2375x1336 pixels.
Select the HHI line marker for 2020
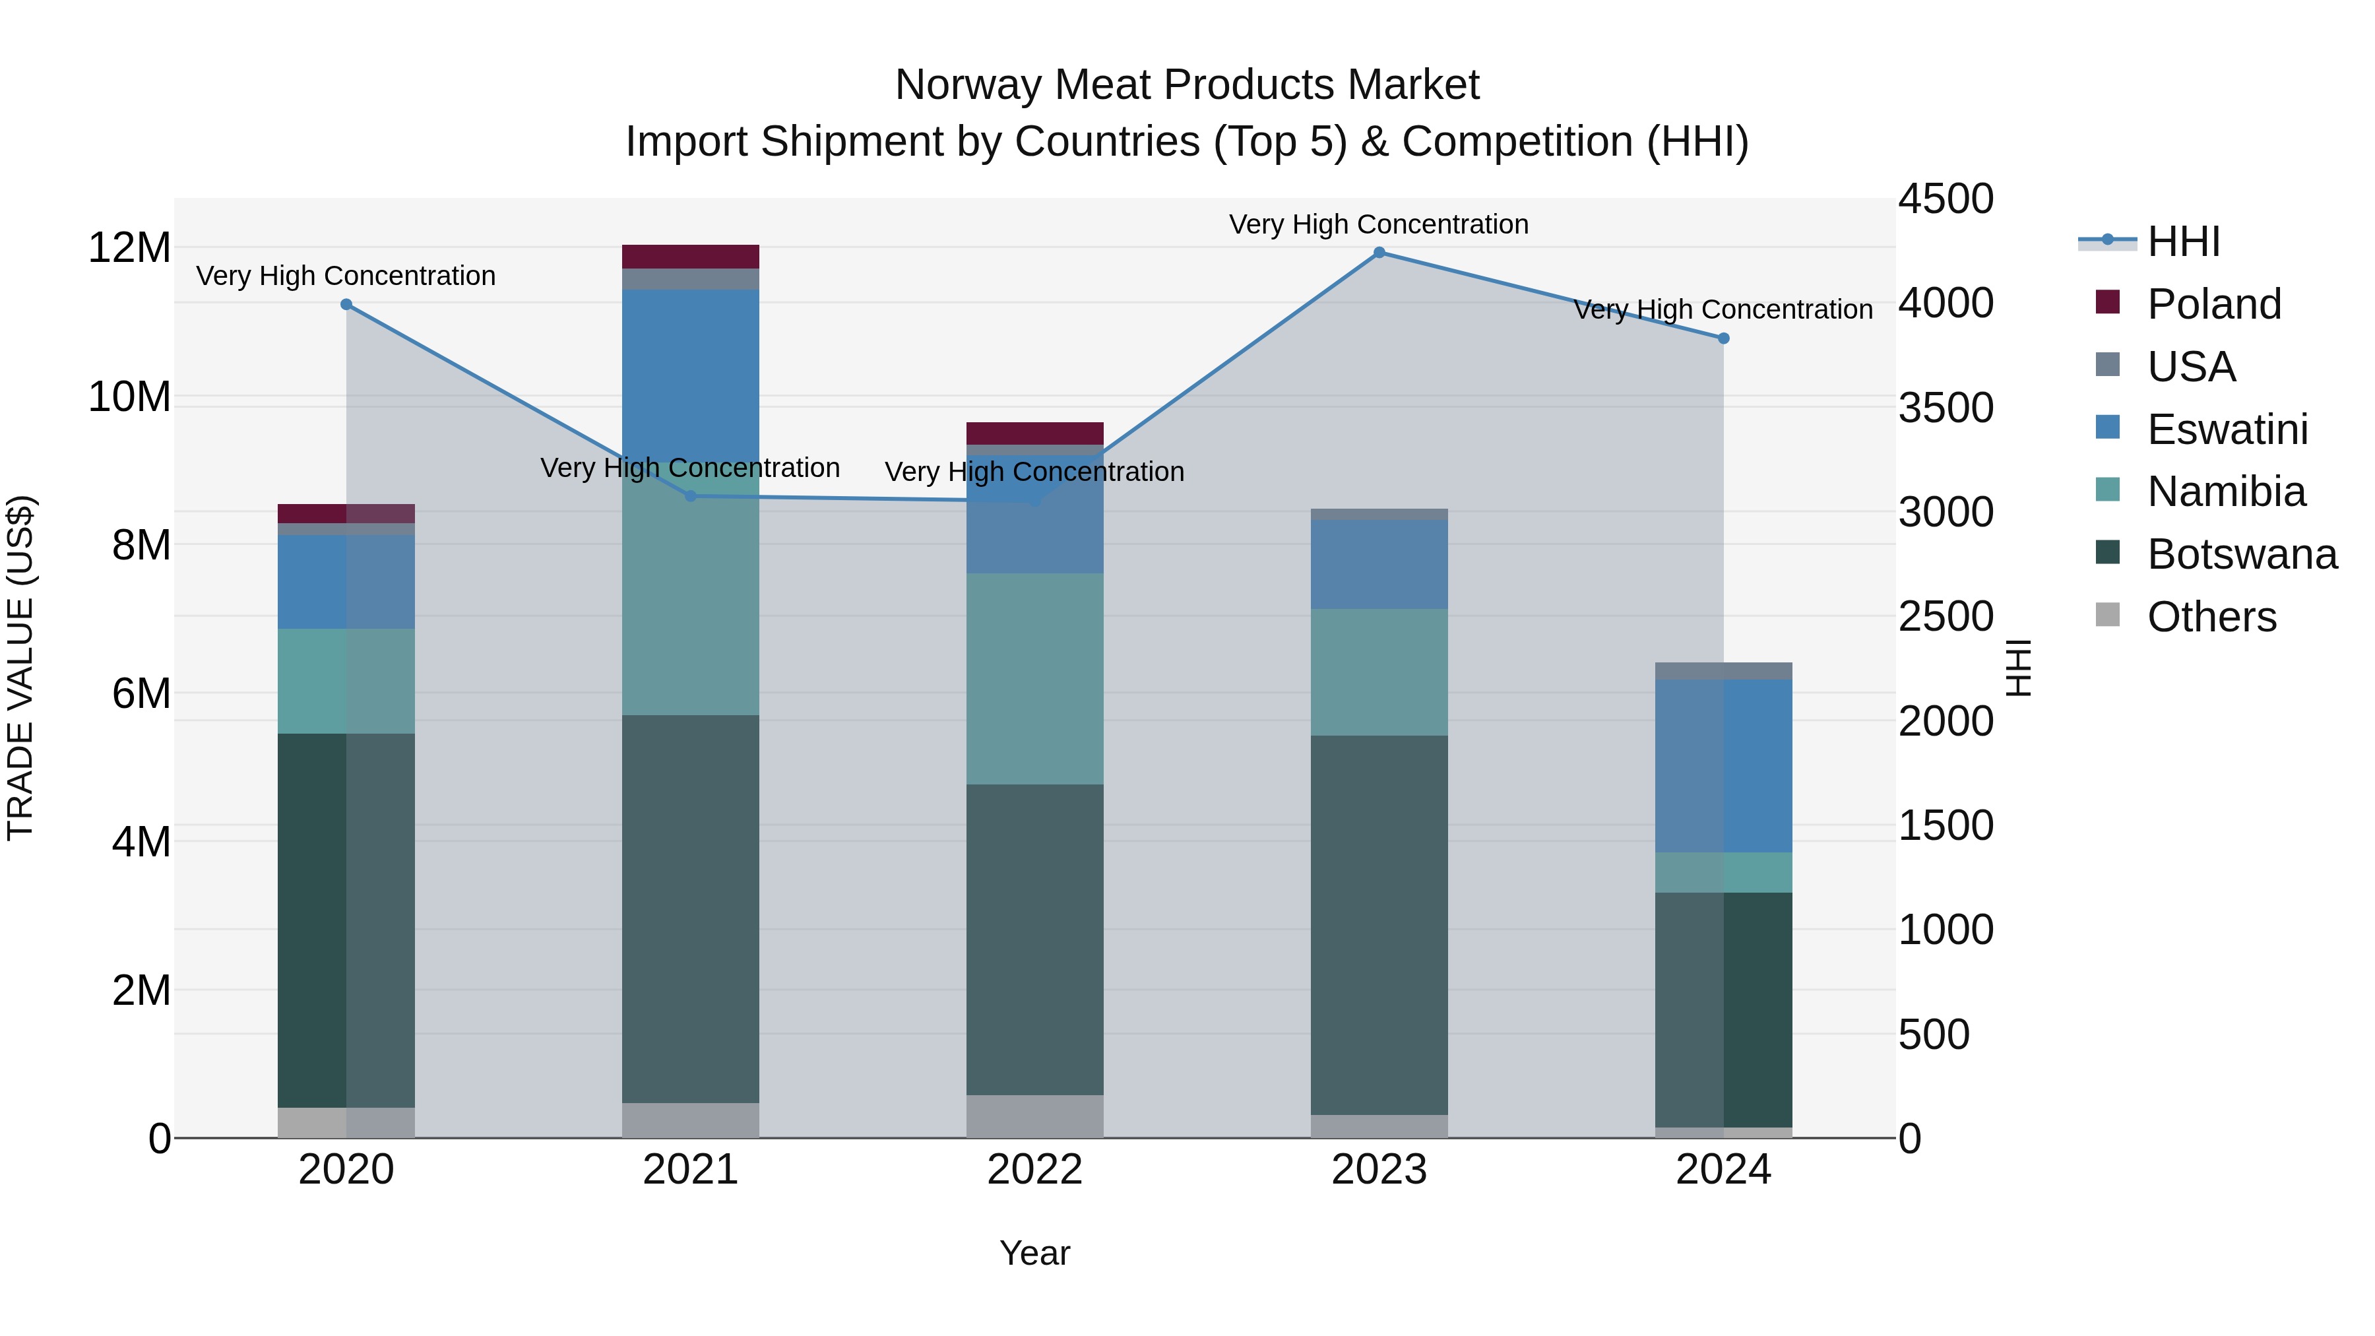[346, 304]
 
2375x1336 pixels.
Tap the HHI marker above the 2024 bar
[1723, 338]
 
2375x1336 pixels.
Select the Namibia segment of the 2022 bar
[1034, 679]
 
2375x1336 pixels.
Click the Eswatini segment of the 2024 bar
[1723, 765]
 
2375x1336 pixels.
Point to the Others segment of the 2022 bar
[1034, 1116]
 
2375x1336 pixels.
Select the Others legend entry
[2210, 617]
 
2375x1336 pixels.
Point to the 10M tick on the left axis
[129, 397]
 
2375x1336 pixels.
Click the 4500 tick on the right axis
[1946, 199]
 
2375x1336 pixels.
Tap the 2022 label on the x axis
[1034, 1170]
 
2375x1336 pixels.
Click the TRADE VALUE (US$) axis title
[20, 668]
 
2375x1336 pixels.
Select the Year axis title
[1034, 1253]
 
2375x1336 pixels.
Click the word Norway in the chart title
[968, 85]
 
